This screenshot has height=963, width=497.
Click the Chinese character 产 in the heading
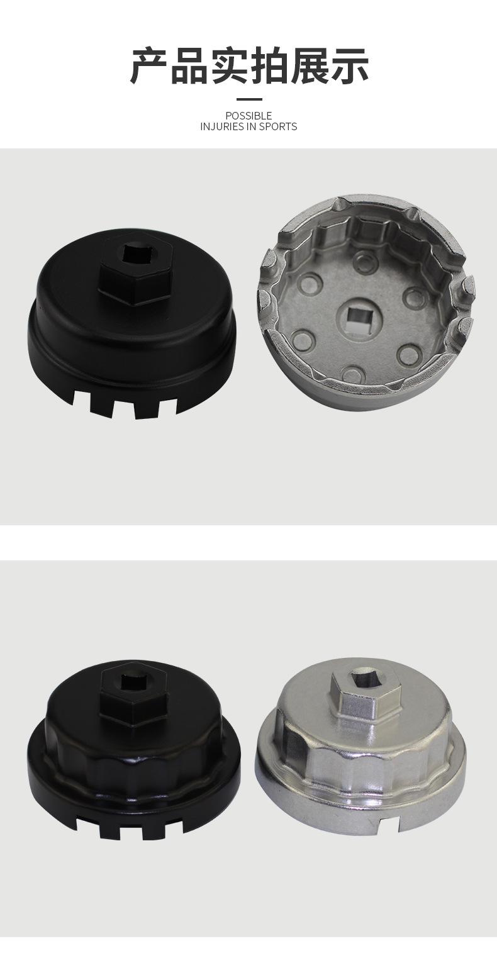point(149,65)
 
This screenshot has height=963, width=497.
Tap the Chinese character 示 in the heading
point(349,65)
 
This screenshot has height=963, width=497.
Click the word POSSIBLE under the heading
point(248,116)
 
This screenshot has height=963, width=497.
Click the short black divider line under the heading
point(249,99)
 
